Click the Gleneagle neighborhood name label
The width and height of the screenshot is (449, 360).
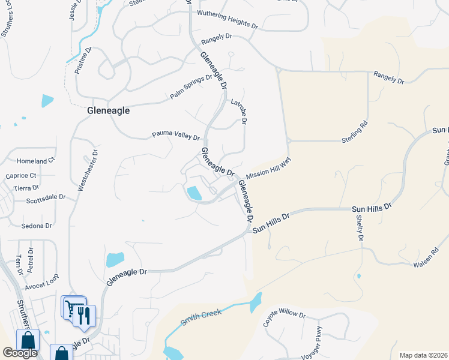(x=108, y=110)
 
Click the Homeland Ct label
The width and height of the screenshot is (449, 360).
(x=35, y=161)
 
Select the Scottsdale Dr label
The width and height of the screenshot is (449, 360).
(x=46, y=196)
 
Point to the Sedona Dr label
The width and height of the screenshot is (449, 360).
(x=37, y=226)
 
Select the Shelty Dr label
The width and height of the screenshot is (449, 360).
(x=360, y=230)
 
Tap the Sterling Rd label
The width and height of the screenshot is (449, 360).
(x=363, y=130)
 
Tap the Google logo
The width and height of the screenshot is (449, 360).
(x=19, y=353)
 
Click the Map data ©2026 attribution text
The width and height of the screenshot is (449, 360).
(x=423, y=355)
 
